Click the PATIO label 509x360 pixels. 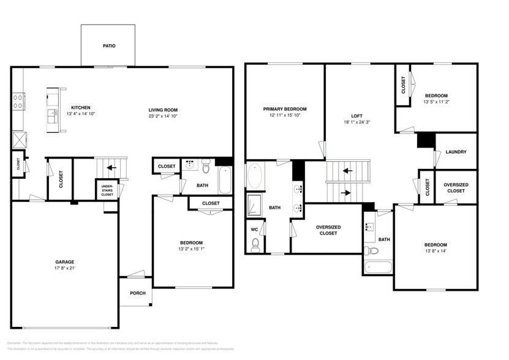click(108, 46)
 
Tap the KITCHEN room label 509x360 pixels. click(81, 107)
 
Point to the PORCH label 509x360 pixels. click(138, 293)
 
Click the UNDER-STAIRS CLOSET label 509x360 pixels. click(106, 189)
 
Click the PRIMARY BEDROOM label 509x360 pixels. click(285, 109)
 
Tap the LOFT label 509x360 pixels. click(357, 115)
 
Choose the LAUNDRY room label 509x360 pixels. click(456, 152)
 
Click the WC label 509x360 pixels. click(254, 230)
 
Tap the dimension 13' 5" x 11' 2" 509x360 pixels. click(437, 102)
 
